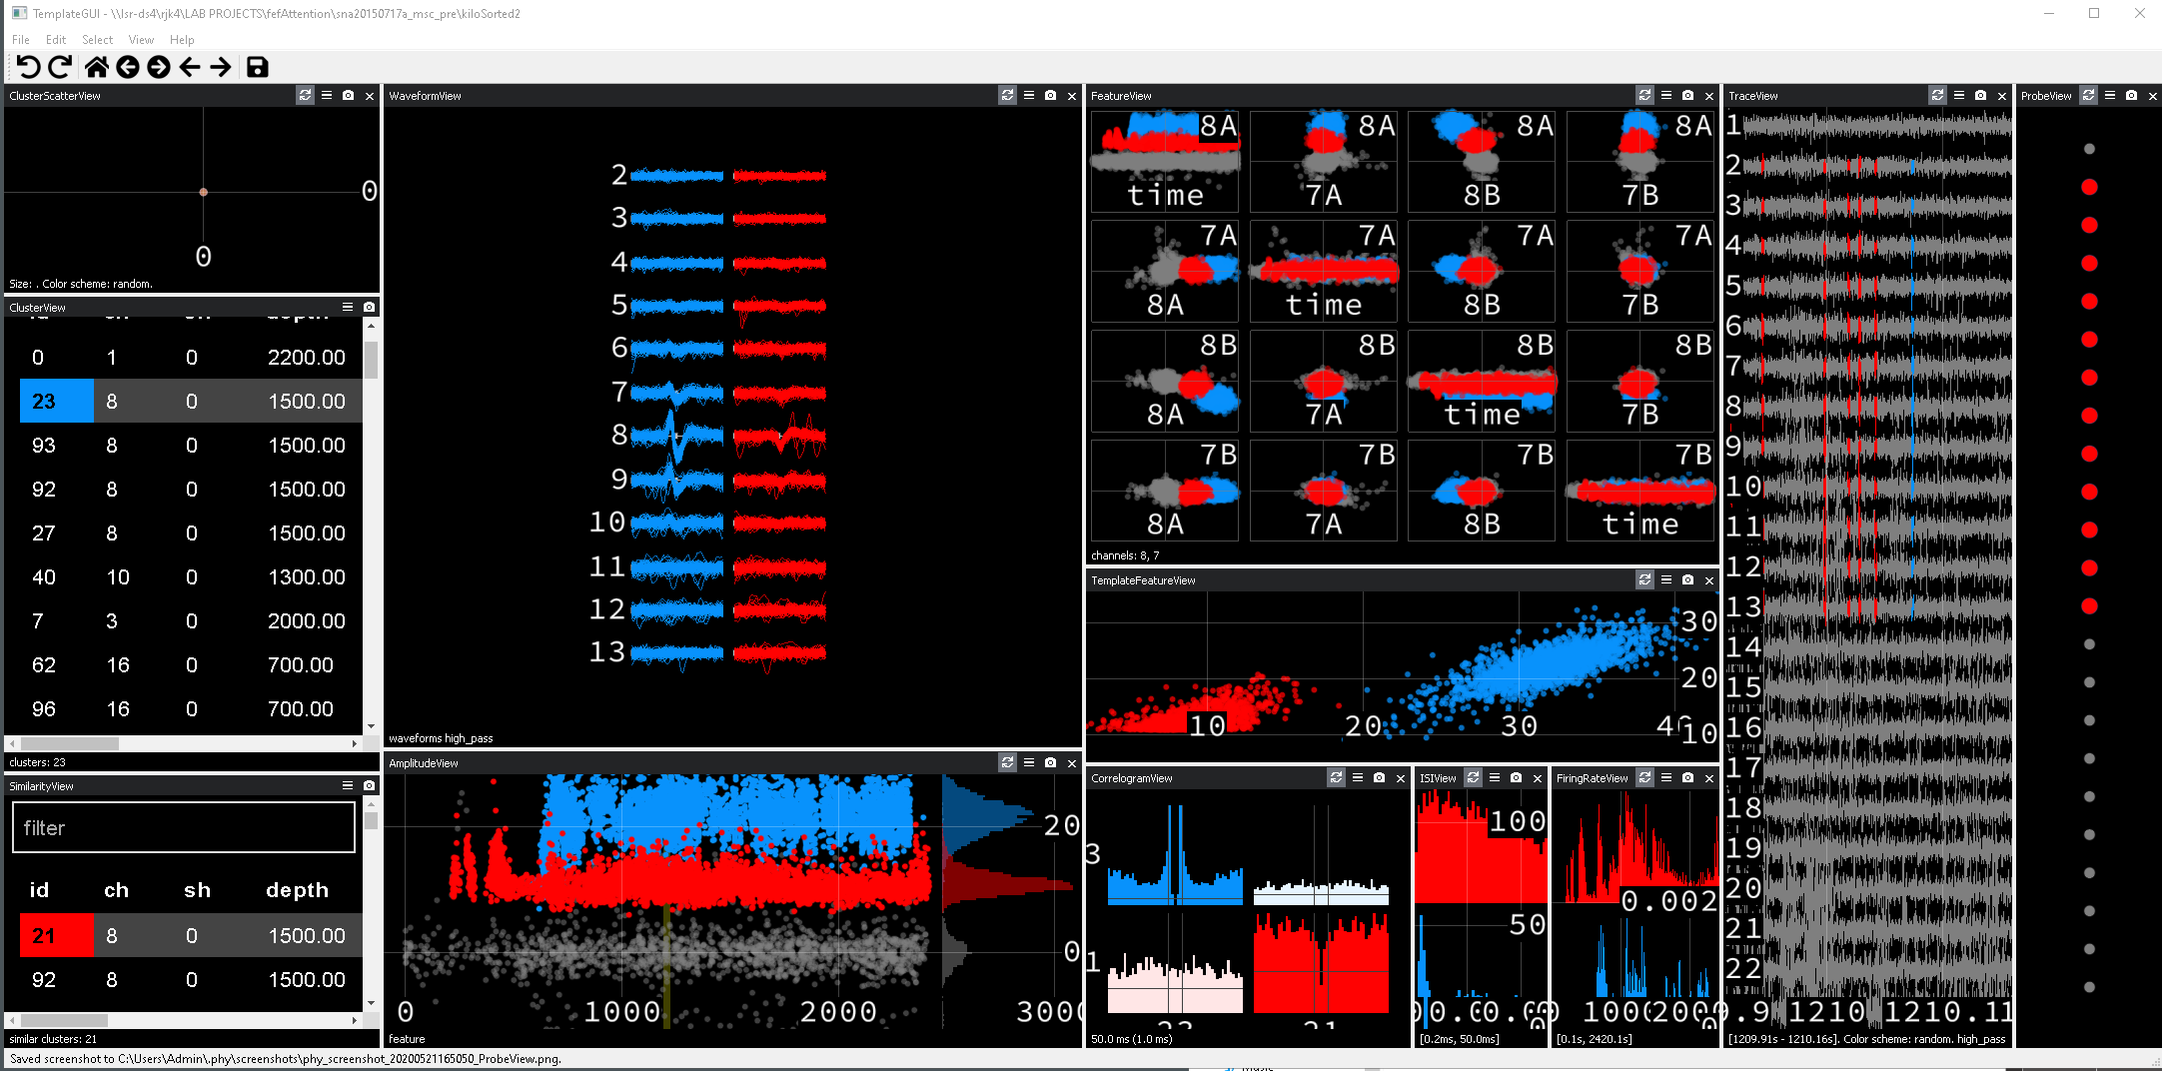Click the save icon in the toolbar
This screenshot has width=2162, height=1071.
pos(257,67)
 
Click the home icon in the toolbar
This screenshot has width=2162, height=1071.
pos(97,67)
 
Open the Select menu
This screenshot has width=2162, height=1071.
pos(97,40)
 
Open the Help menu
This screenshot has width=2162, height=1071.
pos(182,40)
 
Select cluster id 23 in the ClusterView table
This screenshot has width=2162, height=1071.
pos(44,402)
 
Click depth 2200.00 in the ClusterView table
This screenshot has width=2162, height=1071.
pos(306,358)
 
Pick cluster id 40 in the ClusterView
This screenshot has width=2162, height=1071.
pos(44,577)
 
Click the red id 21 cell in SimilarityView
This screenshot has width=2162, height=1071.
pos(44,936)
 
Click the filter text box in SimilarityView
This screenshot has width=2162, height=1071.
pos(184,828)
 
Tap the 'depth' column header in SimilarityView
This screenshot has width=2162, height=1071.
pos(297,890)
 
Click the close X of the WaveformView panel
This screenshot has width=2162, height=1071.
pos(1072,96)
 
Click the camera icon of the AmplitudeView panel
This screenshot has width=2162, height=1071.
pos(1050,763)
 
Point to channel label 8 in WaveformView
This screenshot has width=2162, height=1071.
pos(619,435)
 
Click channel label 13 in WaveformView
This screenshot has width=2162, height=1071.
pos(607,652)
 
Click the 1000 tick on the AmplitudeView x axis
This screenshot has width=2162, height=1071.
pos(621,1012)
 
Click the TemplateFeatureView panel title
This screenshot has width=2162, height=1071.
pos(1143,580)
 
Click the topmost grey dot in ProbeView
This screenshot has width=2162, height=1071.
pos(2089,149)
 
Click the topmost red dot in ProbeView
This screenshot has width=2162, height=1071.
pos(2089,187)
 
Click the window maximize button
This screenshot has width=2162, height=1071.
pos(2094,14)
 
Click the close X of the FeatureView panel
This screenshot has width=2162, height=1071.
pos(1709,96)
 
